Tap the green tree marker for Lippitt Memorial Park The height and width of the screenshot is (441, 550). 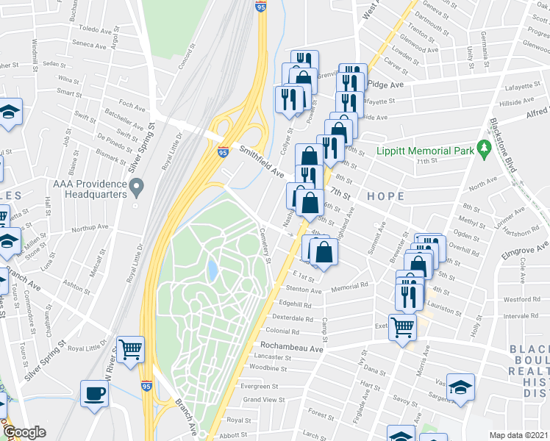[484, 149]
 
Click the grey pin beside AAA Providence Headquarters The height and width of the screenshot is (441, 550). [136, 189]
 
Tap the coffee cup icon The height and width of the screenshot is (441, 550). [94, 393]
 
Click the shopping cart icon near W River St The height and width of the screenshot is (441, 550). [131, 349]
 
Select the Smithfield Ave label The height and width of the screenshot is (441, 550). [261, 161]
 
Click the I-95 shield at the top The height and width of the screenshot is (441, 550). [261, 7]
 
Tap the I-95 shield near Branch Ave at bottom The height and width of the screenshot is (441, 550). [146, 384]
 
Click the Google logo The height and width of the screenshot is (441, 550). [24, 432]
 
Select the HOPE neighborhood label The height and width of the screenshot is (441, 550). [380, 196]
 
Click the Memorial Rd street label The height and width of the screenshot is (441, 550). [349, 287]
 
